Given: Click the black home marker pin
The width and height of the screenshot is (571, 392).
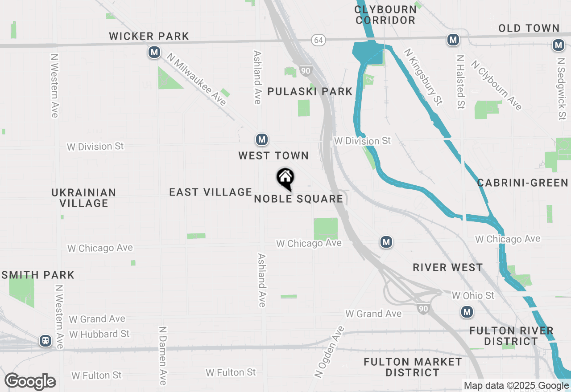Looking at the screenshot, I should click(x=285, y=179).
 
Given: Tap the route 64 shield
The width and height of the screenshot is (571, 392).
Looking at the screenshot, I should click(x=318, y=40).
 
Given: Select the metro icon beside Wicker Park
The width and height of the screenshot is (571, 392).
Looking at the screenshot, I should click(x=154, y=53).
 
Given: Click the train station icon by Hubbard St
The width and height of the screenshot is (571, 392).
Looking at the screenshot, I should click(x=45, y=341).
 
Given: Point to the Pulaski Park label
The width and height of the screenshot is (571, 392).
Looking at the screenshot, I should click(x=310, y=91).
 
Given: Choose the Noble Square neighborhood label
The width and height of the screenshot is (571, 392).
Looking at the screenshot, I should click(x=298, y=199).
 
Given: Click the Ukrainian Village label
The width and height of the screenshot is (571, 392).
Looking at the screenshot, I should click(x=84, y=198).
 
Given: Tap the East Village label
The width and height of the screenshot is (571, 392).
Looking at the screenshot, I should click(x=211, y=192).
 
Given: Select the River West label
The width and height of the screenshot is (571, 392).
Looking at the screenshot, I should click(x=447, y=267).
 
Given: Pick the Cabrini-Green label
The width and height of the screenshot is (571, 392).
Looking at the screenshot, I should click(x=522, y=183).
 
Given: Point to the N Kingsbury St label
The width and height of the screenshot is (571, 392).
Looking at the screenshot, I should click(x=422, y=77).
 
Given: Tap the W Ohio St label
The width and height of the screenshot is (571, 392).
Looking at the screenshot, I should click(x=473, y=295).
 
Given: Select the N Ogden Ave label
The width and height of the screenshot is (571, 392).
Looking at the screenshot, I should click(x=329, y=352).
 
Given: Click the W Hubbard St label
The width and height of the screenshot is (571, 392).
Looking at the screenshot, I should click(x=99, y=334).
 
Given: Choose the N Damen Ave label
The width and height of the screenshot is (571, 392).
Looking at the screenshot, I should click(x=163, y=355).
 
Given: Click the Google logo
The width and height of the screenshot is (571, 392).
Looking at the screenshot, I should click(x=30, y=382).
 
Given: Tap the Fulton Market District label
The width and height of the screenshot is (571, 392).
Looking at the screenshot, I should click(x=413, y=367).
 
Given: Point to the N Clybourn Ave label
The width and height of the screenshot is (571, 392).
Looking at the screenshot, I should click(x=496, y=86).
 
